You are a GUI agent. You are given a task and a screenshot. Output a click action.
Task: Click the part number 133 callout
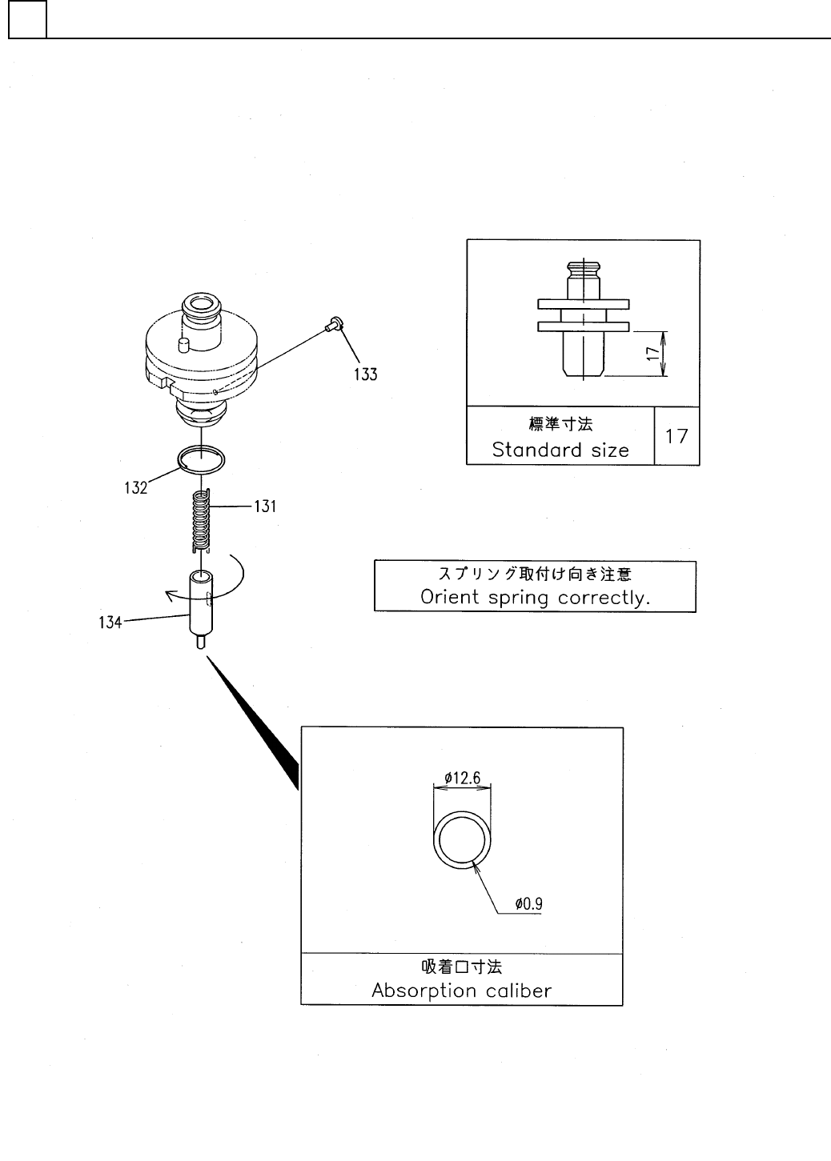pos(366,374)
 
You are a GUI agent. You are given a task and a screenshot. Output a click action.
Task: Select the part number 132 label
pos(135,487)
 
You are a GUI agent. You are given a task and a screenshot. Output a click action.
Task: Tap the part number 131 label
pos(265,506)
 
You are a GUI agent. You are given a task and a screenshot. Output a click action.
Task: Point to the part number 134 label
pos(110,622)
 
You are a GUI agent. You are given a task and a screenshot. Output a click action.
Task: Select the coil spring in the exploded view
pos(201,520)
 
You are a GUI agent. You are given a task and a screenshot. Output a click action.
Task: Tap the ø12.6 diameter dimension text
pos(462,777)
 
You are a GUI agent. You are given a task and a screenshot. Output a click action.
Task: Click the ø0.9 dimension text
pos(530,904)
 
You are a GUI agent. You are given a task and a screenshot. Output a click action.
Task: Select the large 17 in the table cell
pos(676,436)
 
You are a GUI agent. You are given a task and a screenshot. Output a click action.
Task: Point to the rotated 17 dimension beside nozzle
pos(654,352)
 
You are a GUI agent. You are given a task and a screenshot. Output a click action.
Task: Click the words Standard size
pos(560,450)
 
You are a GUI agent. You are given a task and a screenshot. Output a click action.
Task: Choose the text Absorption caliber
pos(462,991)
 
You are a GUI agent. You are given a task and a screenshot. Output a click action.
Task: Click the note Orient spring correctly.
pos(535,598)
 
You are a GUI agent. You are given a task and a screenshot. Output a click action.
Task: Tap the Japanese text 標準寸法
pos(560,423)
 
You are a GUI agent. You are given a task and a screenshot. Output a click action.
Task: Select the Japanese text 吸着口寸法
pos(462,967)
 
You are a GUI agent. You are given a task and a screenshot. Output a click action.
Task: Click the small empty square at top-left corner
pos(27,20)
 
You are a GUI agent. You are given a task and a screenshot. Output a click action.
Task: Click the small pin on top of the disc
pos(182,344)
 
